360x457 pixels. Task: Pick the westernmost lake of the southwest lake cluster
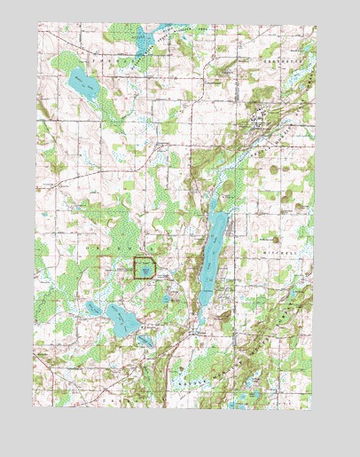coord(92,308)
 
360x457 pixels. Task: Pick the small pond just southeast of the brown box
coord(166,298)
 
